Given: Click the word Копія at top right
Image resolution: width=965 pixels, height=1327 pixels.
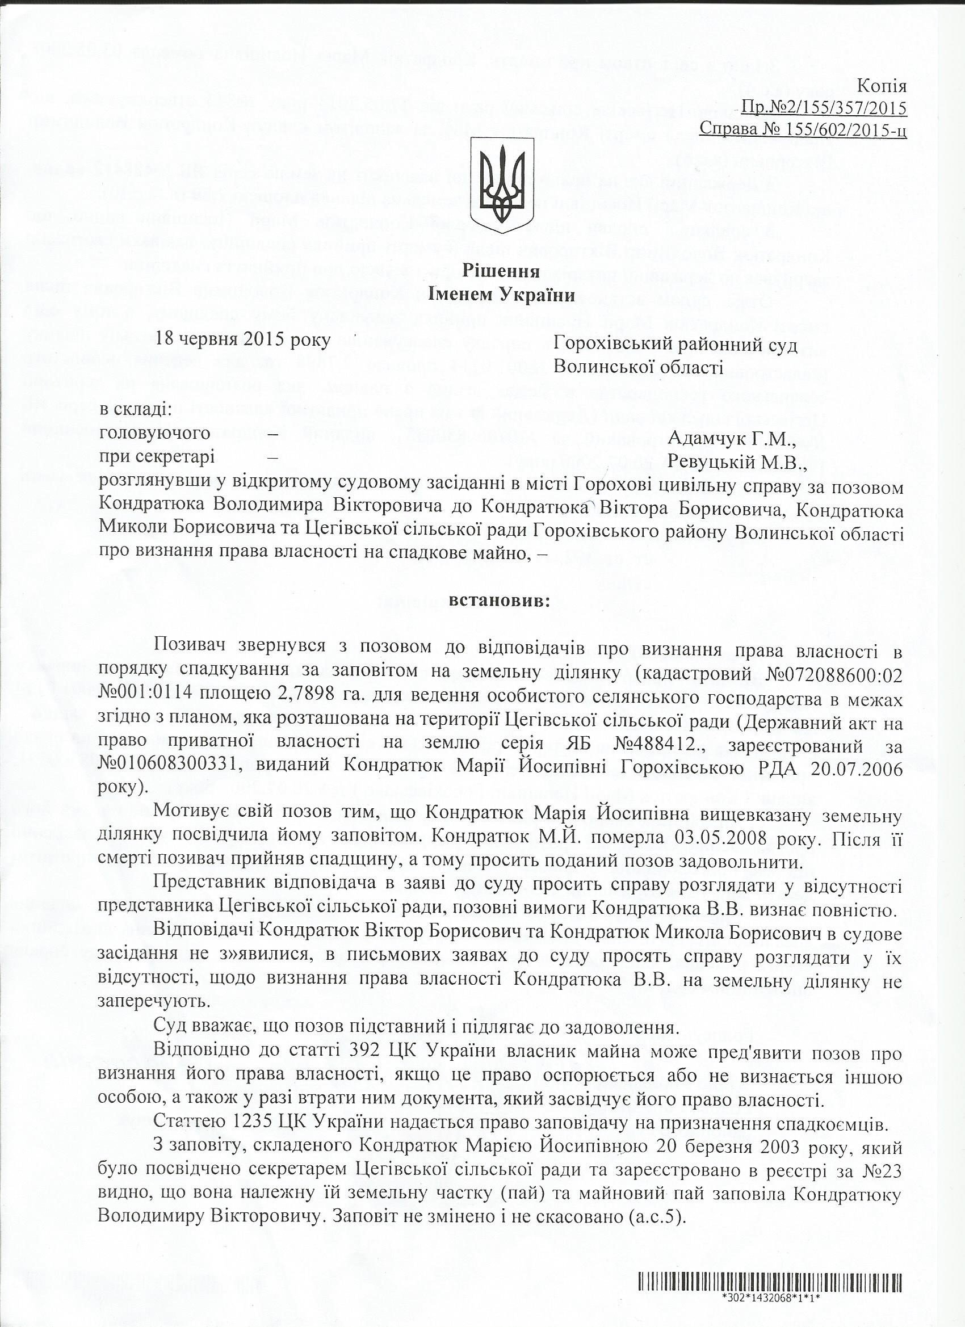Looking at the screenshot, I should tap(882, 87).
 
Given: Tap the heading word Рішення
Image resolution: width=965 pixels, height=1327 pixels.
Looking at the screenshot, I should tap(501, 271).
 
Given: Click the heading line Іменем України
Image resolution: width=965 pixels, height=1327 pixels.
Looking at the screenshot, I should tap(501, 296).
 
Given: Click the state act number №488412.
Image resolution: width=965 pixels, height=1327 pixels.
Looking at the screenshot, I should tap(657, 747).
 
